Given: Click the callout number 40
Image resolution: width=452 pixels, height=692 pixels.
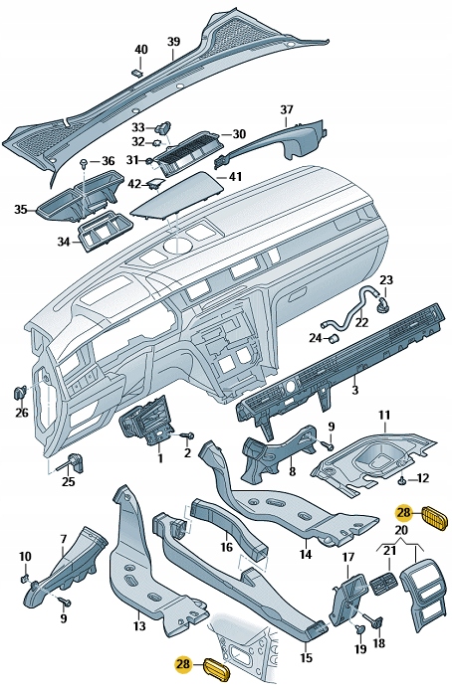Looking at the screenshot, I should [140, 49].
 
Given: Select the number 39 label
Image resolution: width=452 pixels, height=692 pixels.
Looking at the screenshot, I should [173, 41].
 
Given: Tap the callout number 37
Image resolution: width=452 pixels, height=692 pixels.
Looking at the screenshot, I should [287, 109].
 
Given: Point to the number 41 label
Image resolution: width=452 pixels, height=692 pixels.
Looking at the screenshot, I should [236, 177].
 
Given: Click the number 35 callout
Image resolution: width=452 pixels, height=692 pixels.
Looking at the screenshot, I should [21, 210].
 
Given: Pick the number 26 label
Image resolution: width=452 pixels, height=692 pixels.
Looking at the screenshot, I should [22, 413].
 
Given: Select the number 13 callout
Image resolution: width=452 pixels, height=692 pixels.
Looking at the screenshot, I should [139, 627].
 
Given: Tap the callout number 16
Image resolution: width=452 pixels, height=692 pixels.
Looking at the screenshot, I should [227, 547].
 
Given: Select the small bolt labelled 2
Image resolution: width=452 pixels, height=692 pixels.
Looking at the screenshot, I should [184, 435].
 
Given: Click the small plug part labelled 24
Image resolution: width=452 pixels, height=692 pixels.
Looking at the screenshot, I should [336, 336].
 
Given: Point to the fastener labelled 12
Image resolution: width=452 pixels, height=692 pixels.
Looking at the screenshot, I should [401, 481].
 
